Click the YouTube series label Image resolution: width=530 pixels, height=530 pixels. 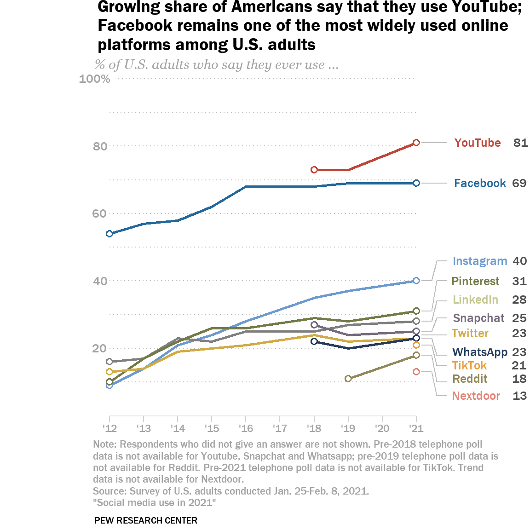[x=478, y=143]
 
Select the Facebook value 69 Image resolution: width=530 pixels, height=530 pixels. [x=519, y=183]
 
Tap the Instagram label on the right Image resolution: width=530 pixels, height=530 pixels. [x=479, y=261]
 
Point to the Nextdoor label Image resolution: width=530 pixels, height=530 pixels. [x=476, y=396]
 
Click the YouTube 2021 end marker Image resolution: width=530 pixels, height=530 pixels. [x=416, y=143]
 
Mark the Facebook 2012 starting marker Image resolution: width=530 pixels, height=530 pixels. [x=109, y=234]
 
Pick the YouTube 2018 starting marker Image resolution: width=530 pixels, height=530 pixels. [x=314, y=170]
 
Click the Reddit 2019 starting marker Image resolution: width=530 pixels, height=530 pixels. [x=348, y=379]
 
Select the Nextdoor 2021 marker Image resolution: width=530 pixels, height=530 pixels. [x=416, y=372]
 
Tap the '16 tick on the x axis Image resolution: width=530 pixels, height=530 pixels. [x=246, y=428]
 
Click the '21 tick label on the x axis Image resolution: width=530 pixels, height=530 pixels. [x=416, y=428]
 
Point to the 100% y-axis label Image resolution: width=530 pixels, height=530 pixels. [x=95, y=79]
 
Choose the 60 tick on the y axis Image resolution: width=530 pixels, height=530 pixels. [x=100, y=213]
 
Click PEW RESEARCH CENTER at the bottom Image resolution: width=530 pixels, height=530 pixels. [x=146, y=520]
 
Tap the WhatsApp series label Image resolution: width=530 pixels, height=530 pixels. [x=480, y=352]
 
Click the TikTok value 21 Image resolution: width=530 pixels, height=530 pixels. [x=519, y=365]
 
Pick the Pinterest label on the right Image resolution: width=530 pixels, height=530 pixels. [x=475, y=281]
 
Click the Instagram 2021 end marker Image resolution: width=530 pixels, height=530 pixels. [x=416, y=281]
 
